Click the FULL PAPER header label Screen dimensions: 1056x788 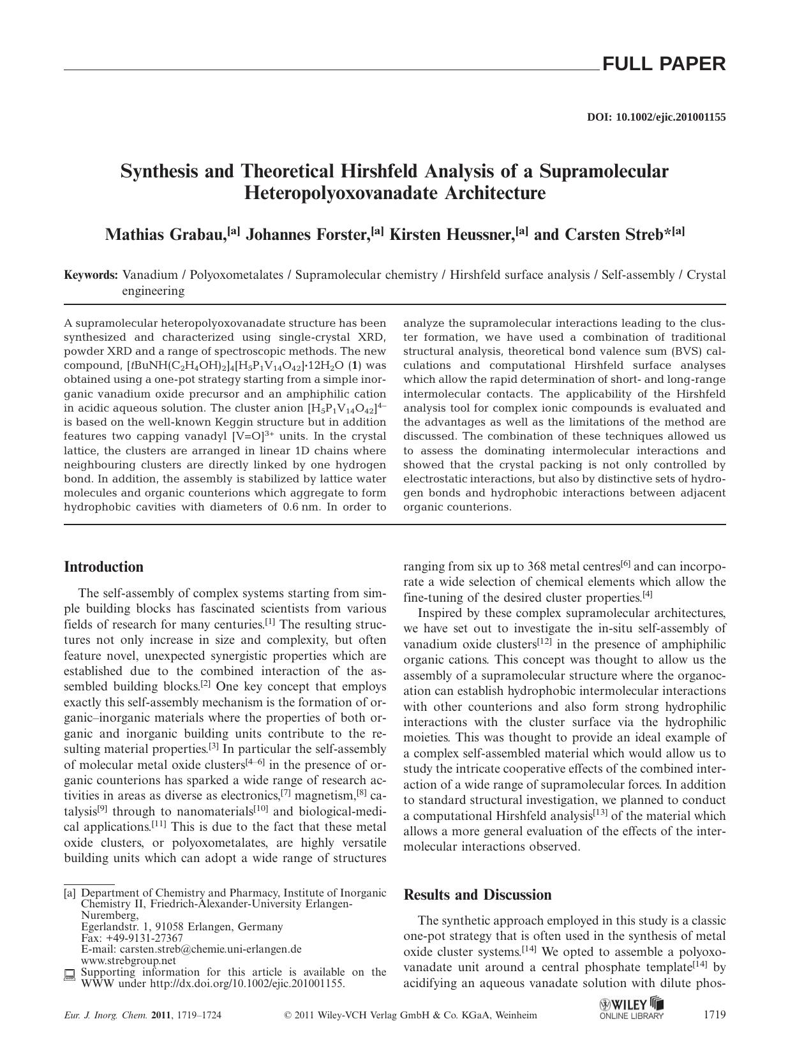coord(663,64)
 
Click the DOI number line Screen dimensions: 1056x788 coord(656,117)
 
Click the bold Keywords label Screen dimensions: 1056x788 coord(91,275)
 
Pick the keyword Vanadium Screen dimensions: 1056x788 coord(150,275)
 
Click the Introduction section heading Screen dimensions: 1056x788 coord(104,567)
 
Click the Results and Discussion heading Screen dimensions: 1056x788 coord(477,895)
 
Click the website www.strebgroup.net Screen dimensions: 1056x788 coord(128,960)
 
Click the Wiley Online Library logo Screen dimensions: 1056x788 coord(631,1008)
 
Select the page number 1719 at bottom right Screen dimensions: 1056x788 coord(714,1015)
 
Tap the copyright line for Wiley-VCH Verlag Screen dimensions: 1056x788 coord(410,1015)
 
